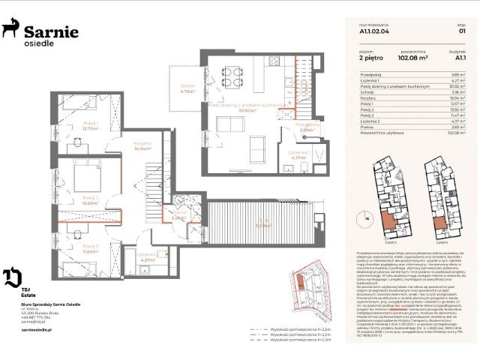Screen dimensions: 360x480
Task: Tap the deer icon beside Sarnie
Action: coord(11,29)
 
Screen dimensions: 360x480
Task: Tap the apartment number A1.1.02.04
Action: coord(372,31)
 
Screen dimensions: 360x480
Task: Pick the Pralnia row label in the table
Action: coord(367,127)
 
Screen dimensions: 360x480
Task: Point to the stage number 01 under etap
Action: coord(462,31)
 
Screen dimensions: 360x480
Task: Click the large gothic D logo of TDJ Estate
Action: coord(12,278)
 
